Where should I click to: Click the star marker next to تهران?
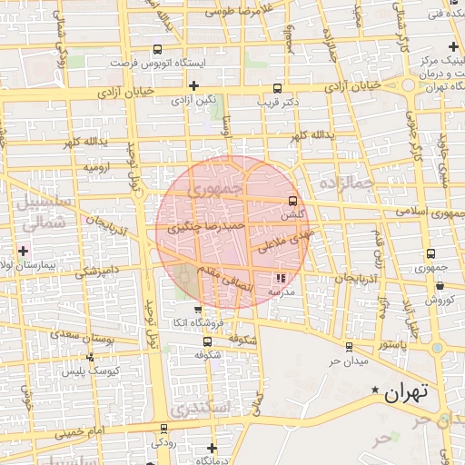pos(374,391)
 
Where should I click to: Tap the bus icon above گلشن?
pos(292,202)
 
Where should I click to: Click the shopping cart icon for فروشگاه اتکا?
pos(197,310)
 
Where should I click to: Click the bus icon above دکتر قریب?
pos(277,89)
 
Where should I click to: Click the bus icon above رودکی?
pos(163,429)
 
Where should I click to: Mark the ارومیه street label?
pos(97,167)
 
